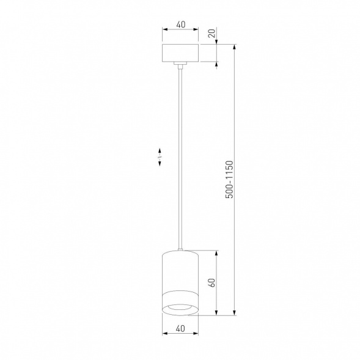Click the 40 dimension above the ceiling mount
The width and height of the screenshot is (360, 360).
pos(180,25)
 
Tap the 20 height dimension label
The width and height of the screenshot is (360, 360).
pos(211,34)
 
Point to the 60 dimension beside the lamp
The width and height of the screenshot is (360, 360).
pos(211,283)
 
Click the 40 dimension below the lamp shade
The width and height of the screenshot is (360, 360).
pos(180,328)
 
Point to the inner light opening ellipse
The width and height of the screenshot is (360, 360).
pos(180,304)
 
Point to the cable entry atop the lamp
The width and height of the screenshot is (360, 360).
pos(180,249)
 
